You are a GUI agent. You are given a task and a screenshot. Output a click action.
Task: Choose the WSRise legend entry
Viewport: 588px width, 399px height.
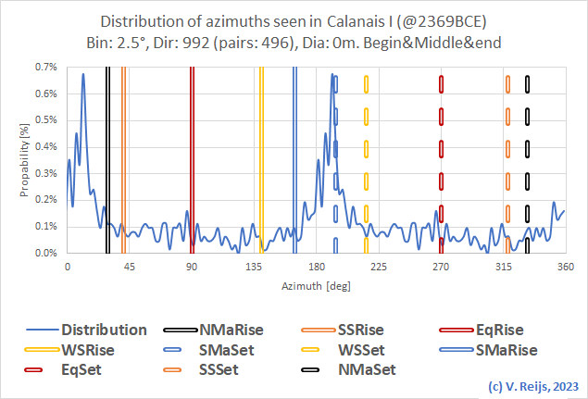(99, 349)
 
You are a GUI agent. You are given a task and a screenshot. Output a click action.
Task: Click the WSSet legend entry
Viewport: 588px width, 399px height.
(363, 349)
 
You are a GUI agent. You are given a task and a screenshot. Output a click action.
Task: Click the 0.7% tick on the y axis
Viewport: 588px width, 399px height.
(46, 67)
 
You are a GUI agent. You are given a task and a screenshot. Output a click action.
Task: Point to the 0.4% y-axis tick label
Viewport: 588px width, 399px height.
(46, 146)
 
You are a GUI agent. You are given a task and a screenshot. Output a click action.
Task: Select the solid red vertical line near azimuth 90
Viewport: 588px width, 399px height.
(192, 157)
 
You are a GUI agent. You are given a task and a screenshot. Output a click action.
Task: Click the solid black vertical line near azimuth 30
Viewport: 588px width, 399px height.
(107, 157)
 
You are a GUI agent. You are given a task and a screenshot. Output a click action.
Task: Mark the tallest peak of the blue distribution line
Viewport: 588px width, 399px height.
(83, 74)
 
